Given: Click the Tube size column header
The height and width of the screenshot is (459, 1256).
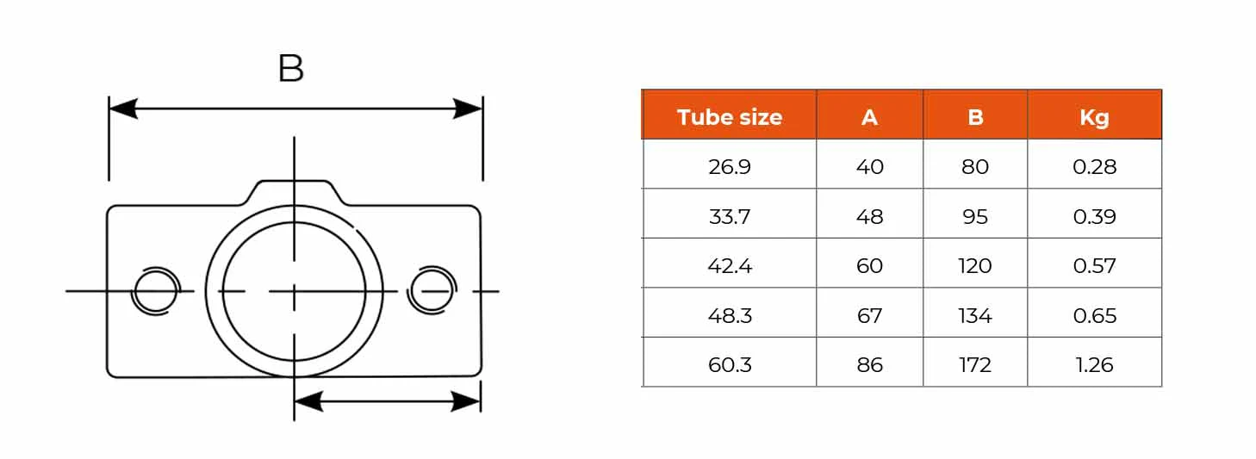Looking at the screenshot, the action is [730, 117].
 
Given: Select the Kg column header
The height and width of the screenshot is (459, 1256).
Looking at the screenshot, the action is [1094, 118].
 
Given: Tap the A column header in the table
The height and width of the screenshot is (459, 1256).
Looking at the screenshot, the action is [869, 117].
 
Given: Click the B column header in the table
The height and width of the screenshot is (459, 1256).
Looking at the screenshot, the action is [975, 117].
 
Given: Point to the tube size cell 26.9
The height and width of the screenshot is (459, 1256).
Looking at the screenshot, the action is [730, 166].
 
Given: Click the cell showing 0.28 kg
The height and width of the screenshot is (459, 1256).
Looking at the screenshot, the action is [1095, 166].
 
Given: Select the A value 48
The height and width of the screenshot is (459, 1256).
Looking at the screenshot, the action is [870, 216].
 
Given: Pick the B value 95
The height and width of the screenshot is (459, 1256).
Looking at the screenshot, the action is [975, 216].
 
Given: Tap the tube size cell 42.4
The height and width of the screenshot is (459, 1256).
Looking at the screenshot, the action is [730, 265].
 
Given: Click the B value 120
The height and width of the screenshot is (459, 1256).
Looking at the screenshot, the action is [975, 265].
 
